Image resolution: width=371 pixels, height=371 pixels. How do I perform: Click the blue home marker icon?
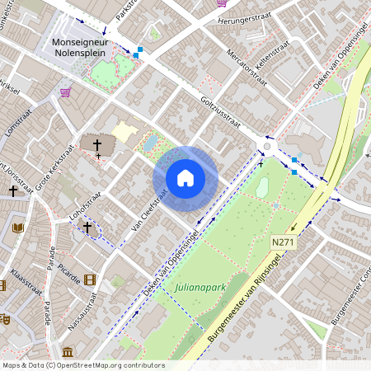point(185,178)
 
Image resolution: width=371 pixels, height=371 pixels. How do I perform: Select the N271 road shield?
point(283,241)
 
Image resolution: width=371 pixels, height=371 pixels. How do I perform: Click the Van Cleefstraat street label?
point(149,209)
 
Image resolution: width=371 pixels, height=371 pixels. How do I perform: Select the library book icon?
point(20,228)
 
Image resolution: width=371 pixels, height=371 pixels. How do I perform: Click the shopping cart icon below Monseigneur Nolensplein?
point(65,92)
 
